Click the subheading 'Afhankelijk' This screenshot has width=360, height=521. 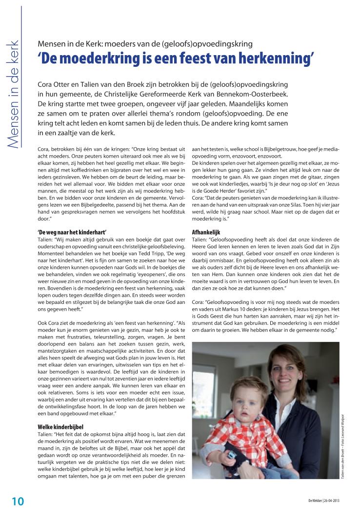coord(206,220)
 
